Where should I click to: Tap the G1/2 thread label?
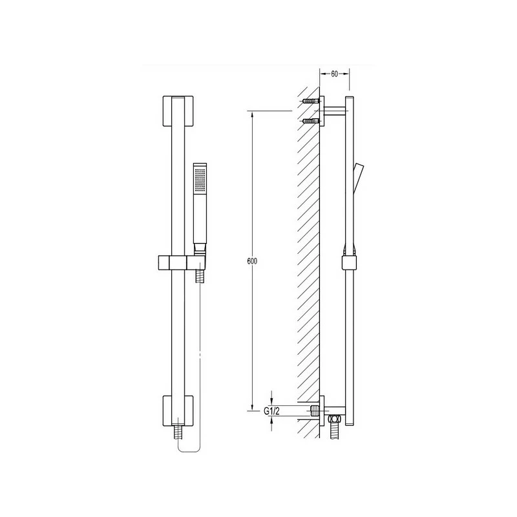point(272,410)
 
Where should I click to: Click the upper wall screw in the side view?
point(310,101)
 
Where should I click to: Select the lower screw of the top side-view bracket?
point(310,120)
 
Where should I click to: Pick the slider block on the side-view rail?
point(348,262)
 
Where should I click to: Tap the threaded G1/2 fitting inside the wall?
point(315,410)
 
